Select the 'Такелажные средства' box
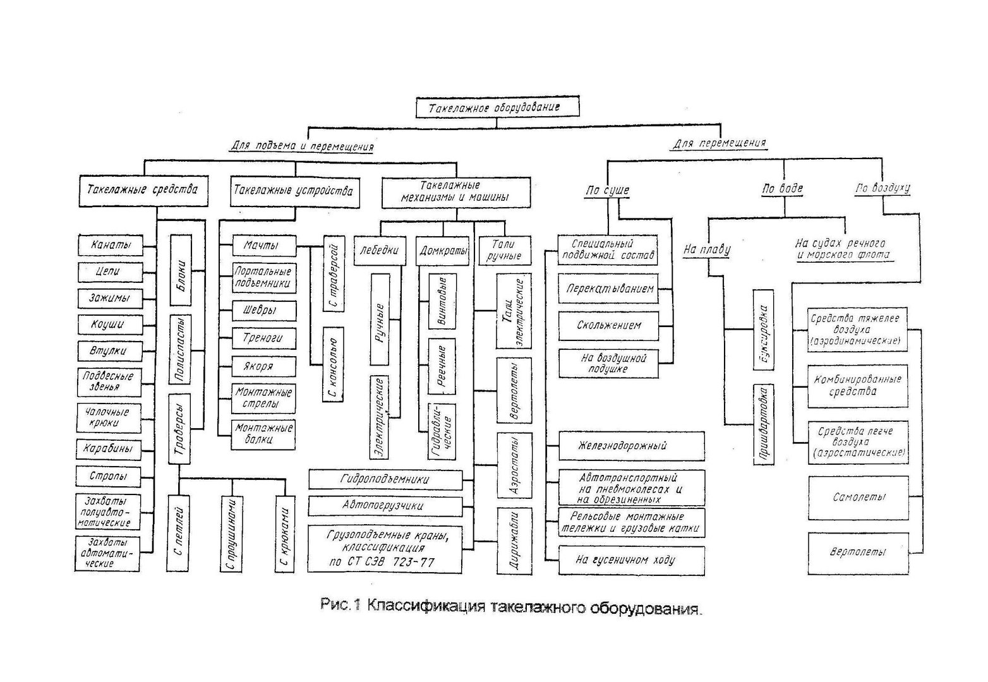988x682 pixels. (143, 189)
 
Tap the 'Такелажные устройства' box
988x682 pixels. (293, 191)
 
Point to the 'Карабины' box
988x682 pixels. (109, 450)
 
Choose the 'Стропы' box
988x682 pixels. (109, 476)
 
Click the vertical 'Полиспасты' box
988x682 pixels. (181, 350)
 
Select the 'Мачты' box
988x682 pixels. (263, 245)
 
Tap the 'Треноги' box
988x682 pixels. (263, 338)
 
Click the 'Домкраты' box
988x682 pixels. (443, 251)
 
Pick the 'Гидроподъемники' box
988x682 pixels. (385, 480)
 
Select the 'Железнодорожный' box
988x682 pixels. (631, 446)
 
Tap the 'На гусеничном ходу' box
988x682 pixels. (631, 560)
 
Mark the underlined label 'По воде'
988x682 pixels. (783, 189)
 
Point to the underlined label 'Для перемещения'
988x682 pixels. (719, 143)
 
